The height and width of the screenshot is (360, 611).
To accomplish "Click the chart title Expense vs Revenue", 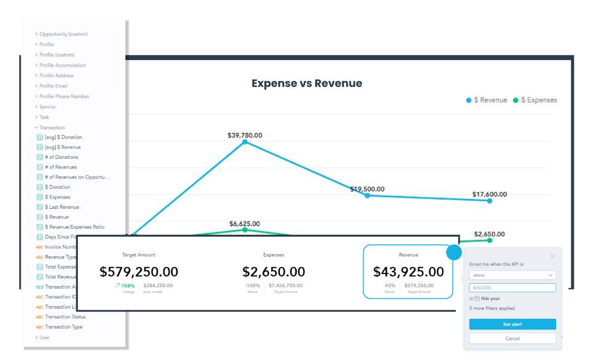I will (x=307, y=84).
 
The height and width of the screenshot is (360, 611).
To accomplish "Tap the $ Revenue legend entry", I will (x=487, y=100).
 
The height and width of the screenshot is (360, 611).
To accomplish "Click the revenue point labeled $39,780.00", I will (x=245, y=142).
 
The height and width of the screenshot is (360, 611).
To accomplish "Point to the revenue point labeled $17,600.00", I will (x=490, y=201).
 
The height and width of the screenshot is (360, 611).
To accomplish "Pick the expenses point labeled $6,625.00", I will (x=245, y=230).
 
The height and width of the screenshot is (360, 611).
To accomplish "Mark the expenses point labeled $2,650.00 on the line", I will (x=490, y=240).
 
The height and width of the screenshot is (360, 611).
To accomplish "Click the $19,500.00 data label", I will (x=367, y=189).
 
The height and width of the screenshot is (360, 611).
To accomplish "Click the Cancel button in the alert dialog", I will (x=512, y=339).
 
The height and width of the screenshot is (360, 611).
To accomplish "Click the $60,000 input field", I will (x=512, y=288).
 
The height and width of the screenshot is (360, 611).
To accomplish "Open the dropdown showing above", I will (x=512, y=275).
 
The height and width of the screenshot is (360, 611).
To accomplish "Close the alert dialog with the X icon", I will (x=552, y=257).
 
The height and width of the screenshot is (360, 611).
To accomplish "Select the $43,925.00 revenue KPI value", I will (x=408, y=272).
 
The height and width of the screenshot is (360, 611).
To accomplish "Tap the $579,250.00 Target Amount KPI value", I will (x=139, y=272).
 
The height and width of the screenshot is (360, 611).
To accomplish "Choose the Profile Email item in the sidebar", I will (x=53, y=86).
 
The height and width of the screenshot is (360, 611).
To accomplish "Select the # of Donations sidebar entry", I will (x=61, y=157).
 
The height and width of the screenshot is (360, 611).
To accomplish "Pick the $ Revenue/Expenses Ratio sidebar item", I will (x=74, y=227).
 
